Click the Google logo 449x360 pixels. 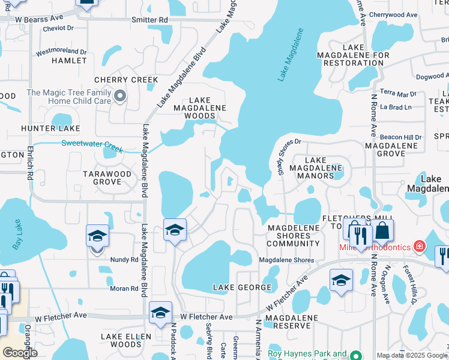coord(20,353)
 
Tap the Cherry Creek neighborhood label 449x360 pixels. coord(126,80)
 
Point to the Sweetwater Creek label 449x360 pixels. coord(92,143)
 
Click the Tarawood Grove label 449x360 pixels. coord(110,177)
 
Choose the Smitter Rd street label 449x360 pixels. coord(150,20)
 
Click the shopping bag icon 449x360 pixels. coord(382,230)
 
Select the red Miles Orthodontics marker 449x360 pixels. coord(420,247)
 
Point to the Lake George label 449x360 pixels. coord(243,287)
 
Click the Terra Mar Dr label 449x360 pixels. coord(397,94)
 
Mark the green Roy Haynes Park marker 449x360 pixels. coord(355,354)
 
